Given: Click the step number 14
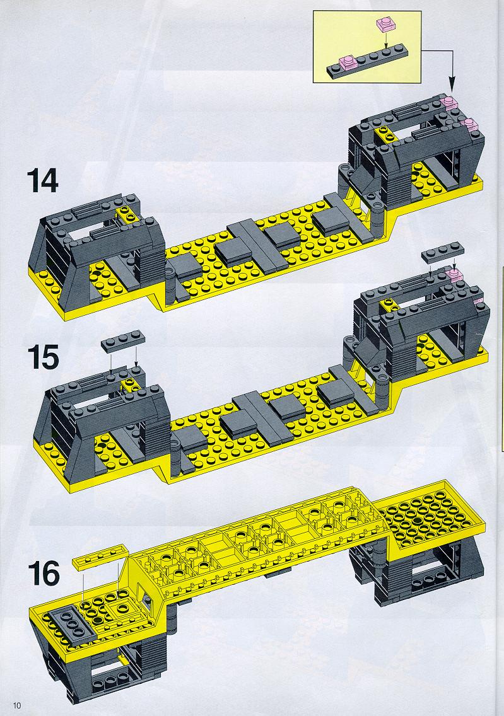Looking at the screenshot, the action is (42, 180).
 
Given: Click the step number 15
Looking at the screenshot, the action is (43, 357).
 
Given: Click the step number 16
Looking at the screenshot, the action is (44, 573).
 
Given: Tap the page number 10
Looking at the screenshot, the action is (18, 705).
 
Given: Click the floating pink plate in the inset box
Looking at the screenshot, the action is (386, 24).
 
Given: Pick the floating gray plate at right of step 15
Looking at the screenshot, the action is (443, 253).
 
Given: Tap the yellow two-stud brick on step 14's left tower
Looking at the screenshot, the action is (126, 213).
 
